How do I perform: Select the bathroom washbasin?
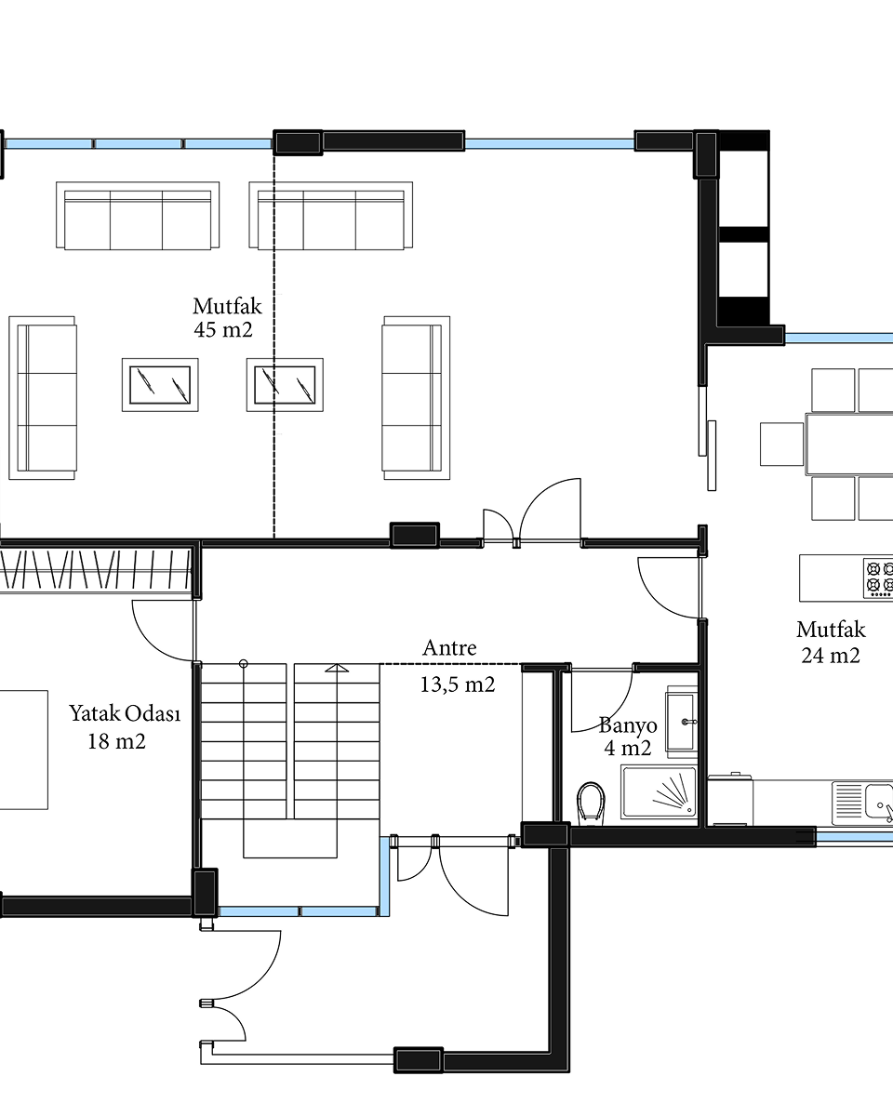click(682, 722)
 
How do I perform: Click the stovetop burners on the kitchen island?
click(878, 578)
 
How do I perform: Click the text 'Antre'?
click(449, 648)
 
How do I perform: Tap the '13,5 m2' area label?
click(457, 685)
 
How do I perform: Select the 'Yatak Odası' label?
click(125, 713)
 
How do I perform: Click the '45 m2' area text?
click(223, 330)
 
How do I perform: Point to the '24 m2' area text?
click(831, 656)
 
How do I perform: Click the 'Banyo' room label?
click(628, 725)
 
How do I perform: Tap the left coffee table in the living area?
click(160, 385)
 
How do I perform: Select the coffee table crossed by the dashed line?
click(285, 385)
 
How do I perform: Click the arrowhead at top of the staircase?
click(337, 668)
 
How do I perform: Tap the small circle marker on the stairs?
click(244, 663)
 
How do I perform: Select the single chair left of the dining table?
click(781, 444)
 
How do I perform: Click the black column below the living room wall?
click(415, 535)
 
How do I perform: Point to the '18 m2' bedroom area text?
click(116, 741)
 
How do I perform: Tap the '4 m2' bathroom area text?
click(627, 749)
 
